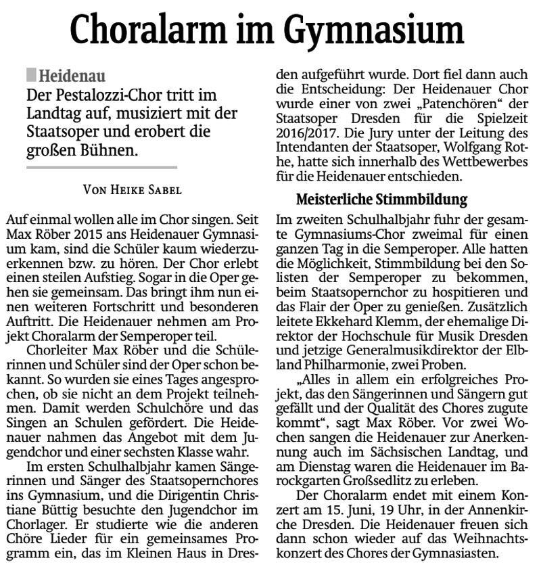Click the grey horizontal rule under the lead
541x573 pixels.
click(x=101, y=166)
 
